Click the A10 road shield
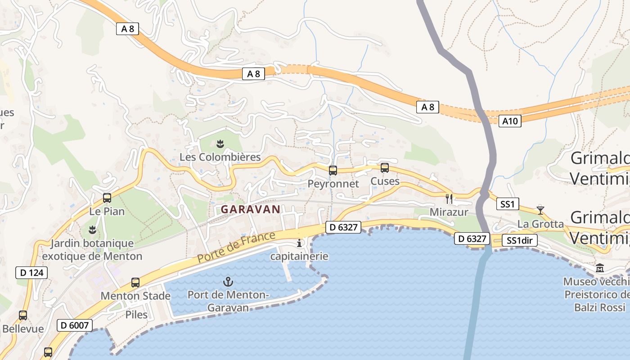point(510,121)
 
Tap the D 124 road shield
point(31,272)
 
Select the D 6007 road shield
point(75,325)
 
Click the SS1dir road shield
point(519,240)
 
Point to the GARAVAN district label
point(251,209)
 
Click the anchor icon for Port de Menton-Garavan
point(228,282)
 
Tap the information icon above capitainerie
point(299,243)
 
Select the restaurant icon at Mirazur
point(449,198)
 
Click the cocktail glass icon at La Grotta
point(540,210)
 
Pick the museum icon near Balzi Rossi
point(600,268)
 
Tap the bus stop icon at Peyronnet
point(333,171)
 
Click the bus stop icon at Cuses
point(385,168)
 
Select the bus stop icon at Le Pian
point(107,198)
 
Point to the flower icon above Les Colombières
point(220,144)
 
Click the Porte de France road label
point(236,247)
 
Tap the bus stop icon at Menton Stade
point(135,283)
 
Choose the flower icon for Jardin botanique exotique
point(92,230)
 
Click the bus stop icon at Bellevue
point(23,315)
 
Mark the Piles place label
point(136,315)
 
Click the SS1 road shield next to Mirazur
point(507,204)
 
